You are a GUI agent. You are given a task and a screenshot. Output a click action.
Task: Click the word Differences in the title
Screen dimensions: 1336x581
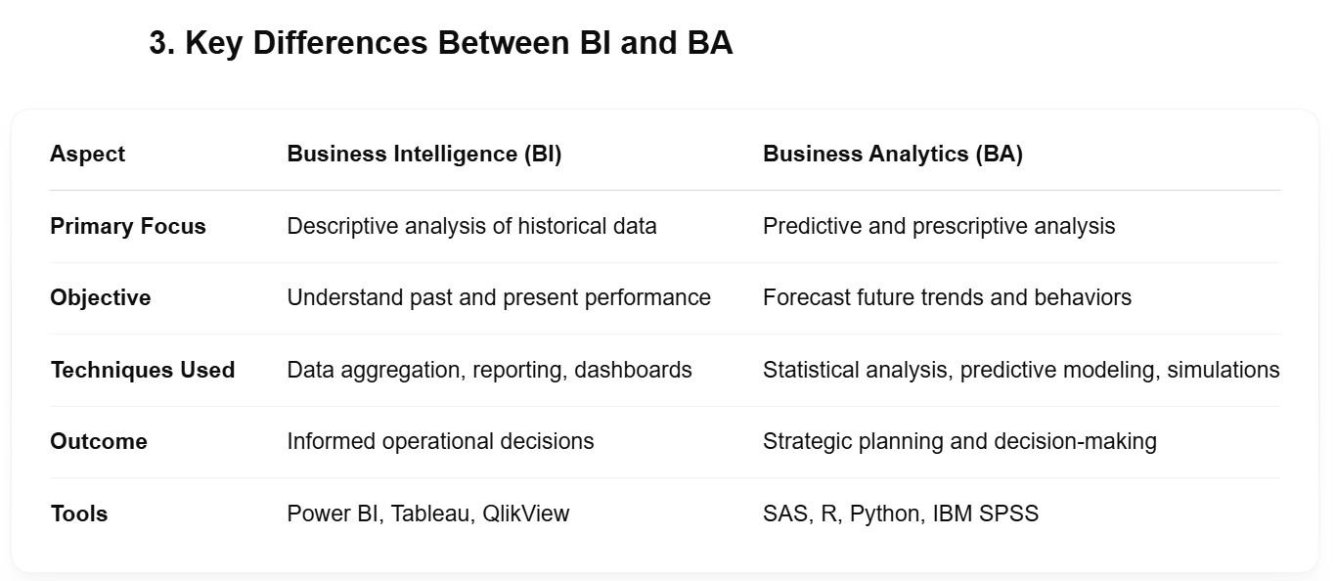click(340, 43)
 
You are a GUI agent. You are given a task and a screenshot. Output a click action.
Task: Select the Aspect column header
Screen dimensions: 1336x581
click(88, 155)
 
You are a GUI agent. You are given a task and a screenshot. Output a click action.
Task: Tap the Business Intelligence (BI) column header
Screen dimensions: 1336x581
click(424, 154)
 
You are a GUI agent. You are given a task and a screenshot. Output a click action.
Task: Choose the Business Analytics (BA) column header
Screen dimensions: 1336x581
click(893, 154)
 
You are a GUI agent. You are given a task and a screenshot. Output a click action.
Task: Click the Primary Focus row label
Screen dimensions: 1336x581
click(128, 226)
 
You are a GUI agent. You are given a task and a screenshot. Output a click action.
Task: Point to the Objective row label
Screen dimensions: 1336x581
click(100, 297)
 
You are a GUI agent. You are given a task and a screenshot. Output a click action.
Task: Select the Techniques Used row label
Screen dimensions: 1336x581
click(143, 370)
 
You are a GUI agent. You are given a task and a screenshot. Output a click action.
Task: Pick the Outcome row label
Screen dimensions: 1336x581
click(99, 441)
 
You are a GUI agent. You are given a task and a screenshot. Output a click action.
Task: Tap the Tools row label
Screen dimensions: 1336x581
click(78, 514)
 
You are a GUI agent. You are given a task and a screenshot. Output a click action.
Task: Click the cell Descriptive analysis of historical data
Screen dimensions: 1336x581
click(471, 227)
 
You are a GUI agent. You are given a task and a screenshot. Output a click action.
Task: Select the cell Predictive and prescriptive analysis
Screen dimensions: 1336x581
click(939, 227)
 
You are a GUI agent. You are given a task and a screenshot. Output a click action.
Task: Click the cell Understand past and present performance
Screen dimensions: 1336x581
click(499, 297)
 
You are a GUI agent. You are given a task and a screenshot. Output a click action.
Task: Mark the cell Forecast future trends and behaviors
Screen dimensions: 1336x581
click(947, 297)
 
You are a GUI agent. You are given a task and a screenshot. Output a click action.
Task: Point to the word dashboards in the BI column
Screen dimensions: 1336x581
click(633, 370)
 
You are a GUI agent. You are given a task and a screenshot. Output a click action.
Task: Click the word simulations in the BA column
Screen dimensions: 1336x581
click(1224, 370)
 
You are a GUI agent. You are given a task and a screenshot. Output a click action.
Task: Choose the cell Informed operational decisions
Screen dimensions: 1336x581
click(440, 441)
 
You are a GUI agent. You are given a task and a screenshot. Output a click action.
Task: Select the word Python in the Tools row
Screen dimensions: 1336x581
click(887, 514)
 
